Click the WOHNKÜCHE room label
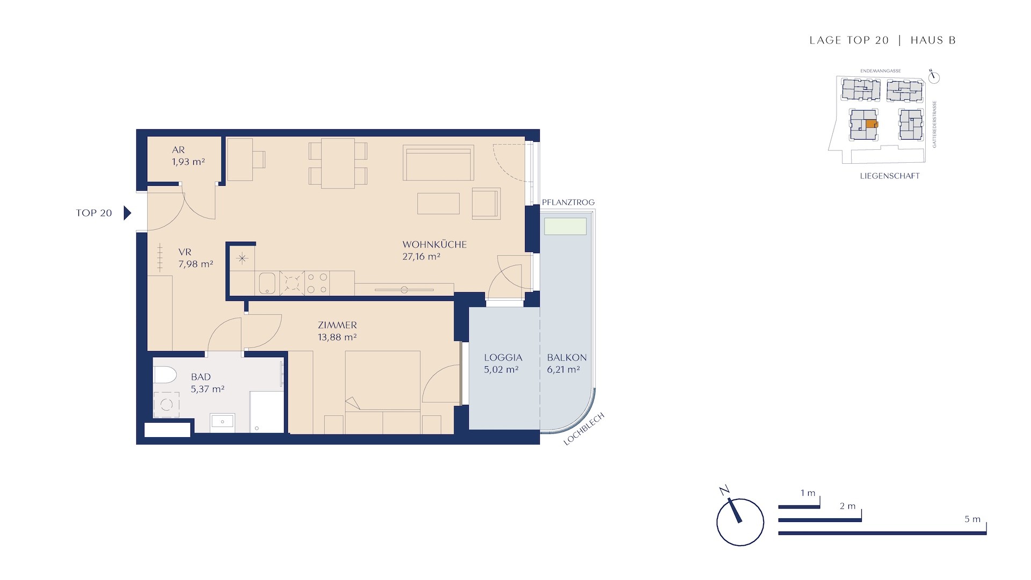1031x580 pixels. [x=434, y=244]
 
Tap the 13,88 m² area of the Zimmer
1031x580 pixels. [x=337, y=337]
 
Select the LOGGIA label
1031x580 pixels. [x=503, y=358]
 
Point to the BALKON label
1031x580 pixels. [x=567, y=358]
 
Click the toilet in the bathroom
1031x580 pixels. [x=164, y=375]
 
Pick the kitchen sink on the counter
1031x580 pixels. [x=267, y=283]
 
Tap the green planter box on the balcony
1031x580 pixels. [x=565, y=226]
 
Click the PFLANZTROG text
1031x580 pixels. [x=568, y=202]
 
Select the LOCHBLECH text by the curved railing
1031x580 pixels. [x=584, y=429]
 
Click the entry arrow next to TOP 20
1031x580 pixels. [x=127, y=213]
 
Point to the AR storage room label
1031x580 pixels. [x=178, y=150]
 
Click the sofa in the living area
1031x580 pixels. [x=439, y=162]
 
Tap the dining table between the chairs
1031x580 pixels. [x=338, y=163]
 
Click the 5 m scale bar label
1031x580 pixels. [x=972, y=519]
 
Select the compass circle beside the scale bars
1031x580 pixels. [x=740, y=522]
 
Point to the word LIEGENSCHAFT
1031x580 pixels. [x=890, y=176]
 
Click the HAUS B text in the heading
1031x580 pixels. [x=933, y=40]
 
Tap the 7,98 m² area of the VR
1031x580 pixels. [x=195, y=264]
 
